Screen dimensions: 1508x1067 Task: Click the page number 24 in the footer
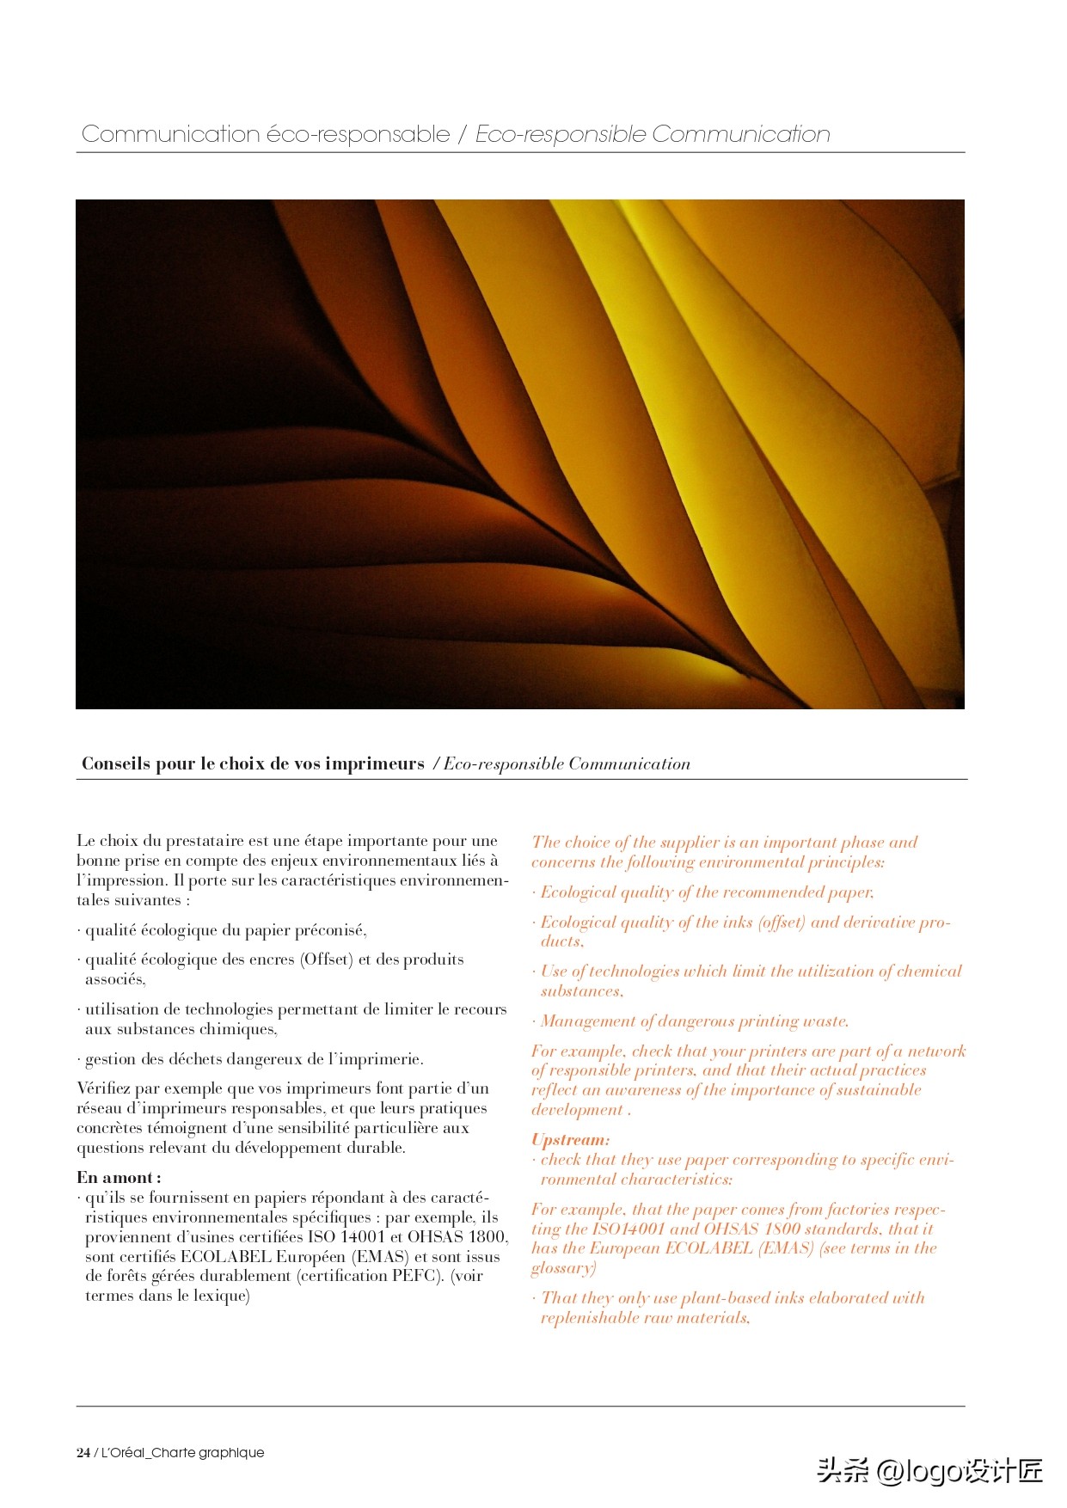pyautogui.click(x=83, y=1453)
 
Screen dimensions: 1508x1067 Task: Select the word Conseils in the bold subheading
pyautogui.click(x=116, y=763)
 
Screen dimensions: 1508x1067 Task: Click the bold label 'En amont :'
pyautogui.click(x=119, y=1178)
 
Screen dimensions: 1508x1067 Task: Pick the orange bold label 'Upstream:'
pyautogui.click(x=571, y=1140)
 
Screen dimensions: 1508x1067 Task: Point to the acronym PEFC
pyautogui.click(x=416, y=1276)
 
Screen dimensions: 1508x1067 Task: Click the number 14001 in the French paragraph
pyautogui.click(x=363, y=1237)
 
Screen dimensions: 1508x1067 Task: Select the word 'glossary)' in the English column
pyautogui.click(x=563, y=1268)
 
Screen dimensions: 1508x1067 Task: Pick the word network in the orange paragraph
pyautogui.click(x=936, y=1051)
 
